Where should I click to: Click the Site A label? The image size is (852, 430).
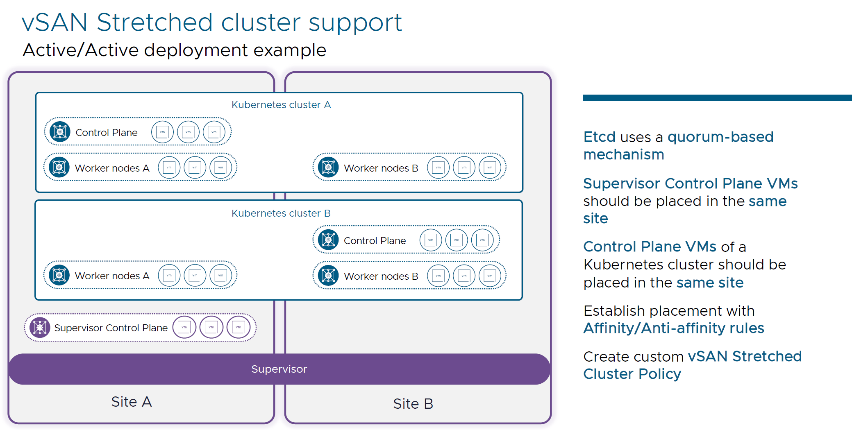[x=131, y=402]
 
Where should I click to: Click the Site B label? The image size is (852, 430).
[x=413, y=404]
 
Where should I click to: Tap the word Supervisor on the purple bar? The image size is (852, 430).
[x=279, y=369]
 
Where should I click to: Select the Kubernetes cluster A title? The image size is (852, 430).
[x=281, y=105]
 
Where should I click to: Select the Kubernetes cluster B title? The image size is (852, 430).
[x=281, y=213]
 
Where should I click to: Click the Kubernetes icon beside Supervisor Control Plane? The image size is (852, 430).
[x=40, y=328]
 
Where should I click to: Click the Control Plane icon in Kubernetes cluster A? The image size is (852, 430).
[x=60, y=132]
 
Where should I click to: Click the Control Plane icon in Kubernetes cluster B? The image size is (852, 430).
[x=328, y=240]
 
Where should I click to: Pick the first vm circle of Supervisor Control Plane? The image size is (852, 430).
[x=184, y=327]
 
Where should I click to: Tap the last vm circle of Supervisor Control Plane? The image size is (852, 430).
[x=238, y=327]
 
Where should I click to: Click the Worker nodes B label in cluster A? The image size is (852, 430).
[x=381, y=168]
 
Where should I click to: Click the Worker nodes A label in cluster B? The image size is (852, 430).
[x=112, y=276]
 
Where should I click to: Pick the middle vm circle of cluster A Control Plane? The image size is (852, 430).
[x=188, y=132]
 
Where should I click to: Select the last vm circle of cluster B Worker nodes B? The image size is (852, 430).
[x=490, y=276]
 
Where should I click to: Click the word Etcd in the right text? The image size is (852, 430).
[x=599, y=137]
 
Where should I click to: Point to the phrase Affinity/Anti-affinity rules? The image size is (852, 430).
[x=673, y=328]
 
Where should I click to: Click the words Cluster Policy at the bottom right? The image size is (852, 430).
[x=632, y=374]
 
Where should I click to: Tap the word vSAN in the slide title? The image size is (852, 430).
[x=54, y=22]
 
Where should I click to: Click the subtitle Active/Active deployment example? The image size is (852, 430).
[x=174, y=50]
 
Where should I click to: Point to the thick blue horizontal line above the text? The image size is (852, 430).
[x=717, y=97]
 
